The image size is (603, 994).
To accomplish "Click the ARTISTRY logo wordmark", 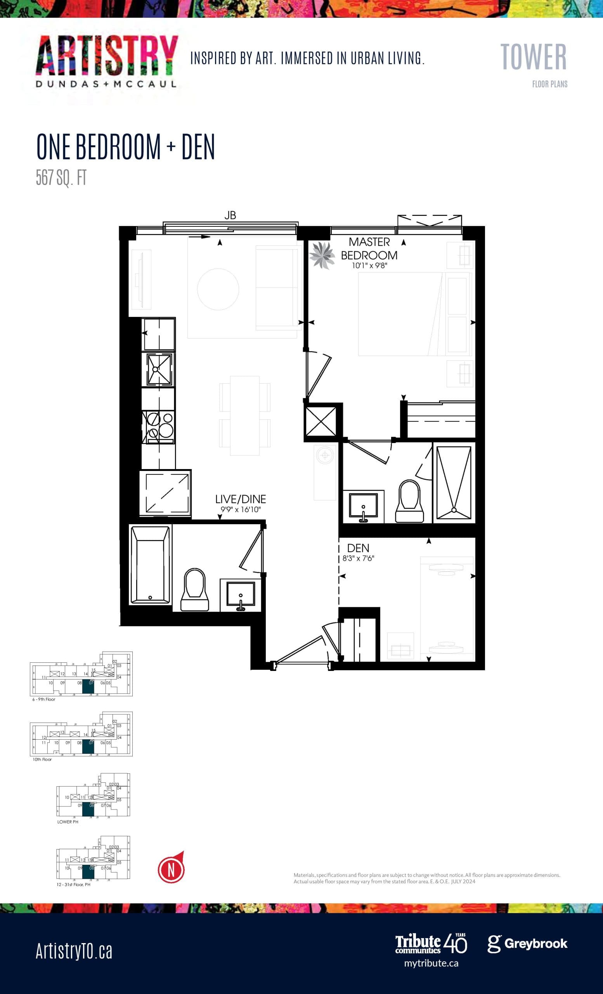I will tap(106, 56).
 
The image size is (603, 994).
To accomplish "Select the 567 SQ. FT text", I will tap(61, 177).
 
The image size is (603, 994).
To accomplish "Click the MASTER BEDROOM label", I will tap(369, 248).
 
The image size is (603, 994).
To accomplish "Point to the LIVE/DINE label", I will tap(240, 499).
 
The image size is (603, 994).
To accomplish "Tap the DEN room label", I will tap(358, 548).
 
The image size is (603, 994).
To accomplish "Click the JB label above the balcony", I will tap(230, 215).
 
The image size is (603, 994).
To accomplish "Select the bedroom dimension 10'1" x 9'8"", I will tap(370, 266).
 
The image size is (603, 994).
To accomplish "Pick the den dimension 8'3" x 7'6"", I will tap(358, 558).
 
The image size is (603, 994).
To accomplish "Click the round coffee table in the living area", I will tap(218, 289).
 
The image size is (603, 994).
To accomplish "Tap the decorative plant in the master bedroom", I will tap(322, 255).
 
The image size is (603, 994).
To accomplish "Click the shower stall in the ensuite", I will tap(454, 483).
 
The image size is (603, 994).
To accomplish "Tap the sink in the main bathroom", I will tap(240, 594).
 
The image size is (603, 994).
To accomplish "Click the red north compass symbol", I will tap(171, 870).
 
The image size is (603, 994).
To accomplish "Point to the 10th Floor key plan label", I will tap(42, 759).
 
